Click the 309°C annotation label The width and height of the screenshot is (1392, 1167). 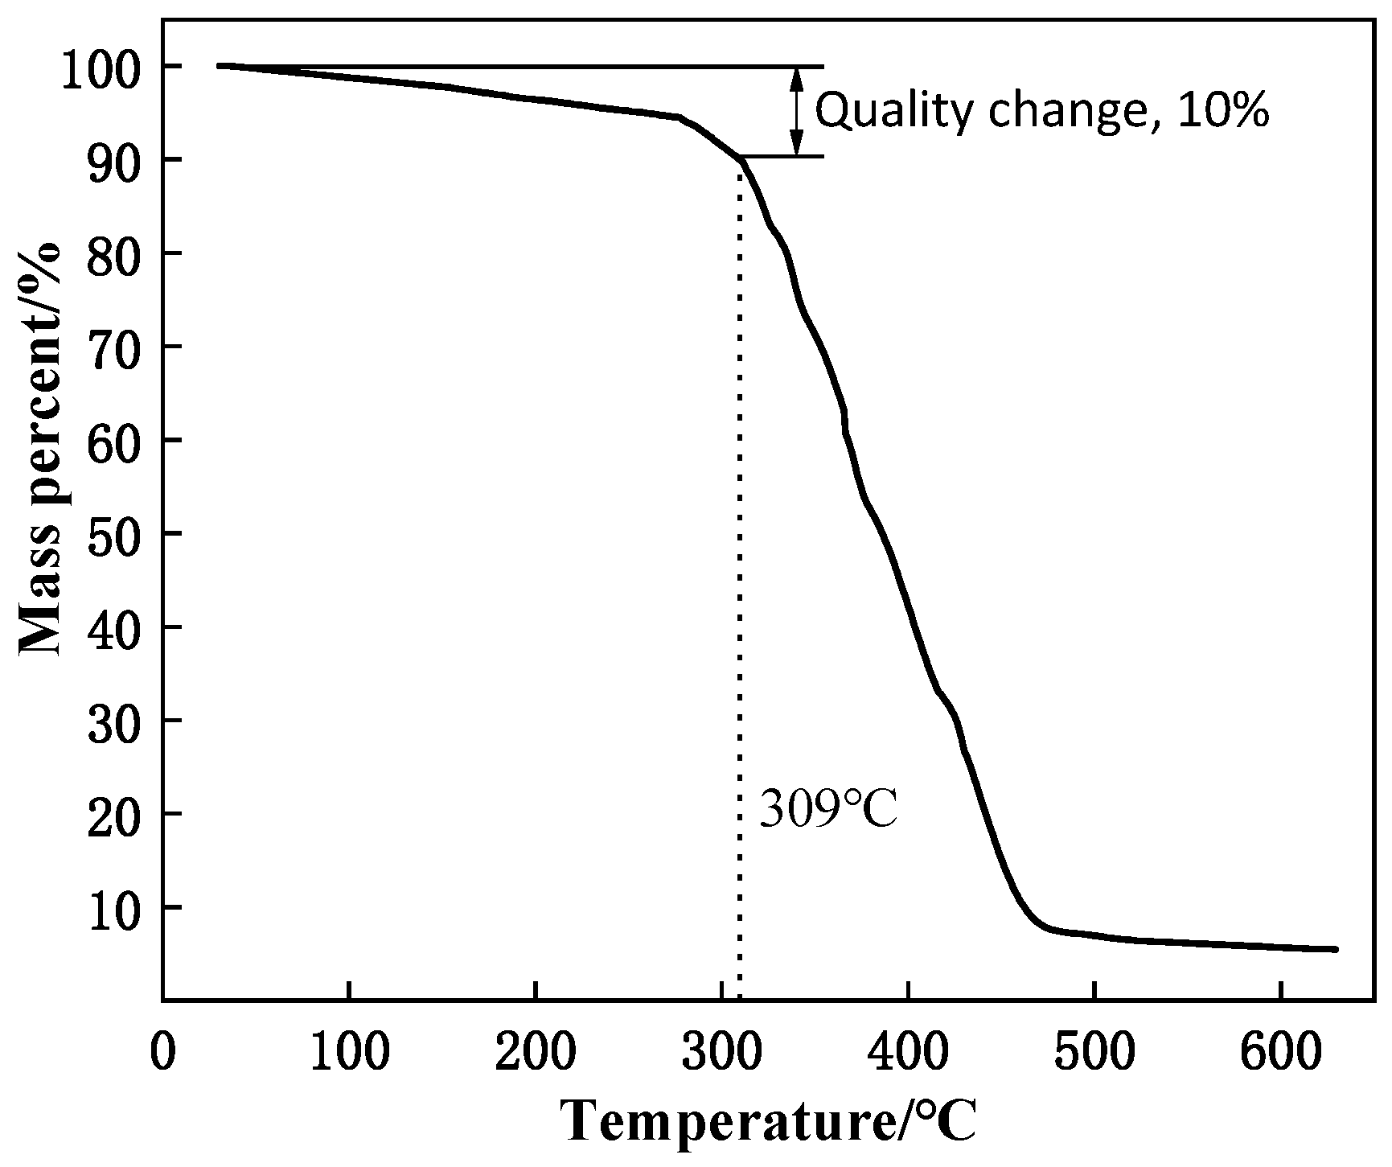(828, 810)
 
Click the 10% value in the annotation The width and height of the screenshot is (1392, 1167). (1223, 112)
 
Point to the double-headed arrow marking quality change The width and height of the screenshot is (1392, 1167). (796, 111)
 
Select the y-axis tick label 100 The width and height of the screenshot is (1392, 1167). (111, 66)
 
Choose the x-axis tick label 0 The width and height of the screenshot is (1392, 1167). (162, 1053)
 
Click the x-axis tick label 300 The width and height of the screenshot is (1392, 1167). (721, 1053)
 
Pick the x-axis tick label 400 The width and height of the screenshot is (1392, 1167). (907, 1053)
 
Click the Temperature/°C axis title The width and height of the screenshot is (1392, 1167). (769, 1121)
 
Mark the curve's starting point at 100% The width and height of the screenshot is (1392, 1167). (220, 65)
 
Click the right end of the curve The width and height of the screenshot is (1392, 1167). (1335, 949)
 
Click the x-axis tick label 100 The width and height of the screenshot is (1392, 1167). (349, 1053)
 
